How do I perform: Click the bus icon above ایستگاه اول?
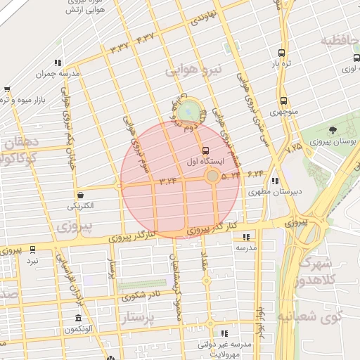(206, 150)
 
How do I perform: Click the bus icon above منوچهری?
(283, 101)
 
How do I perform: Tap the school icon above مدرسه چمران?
(58, 63)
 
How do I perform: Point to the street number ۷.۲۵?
(294, 147)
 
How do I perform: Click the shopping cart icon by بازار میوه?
(7, 89)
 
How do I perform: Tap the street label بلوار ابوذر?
(259, 321)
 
